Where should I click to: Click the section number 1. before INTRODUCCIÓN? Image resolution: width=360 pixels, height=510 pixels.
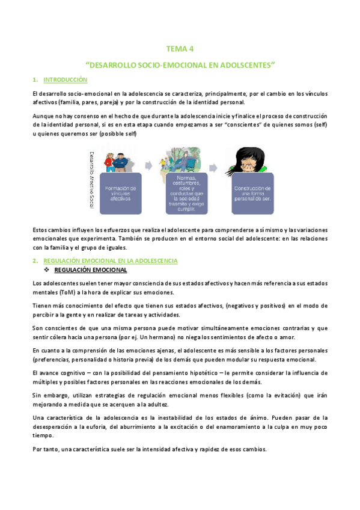pos(35,79)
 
